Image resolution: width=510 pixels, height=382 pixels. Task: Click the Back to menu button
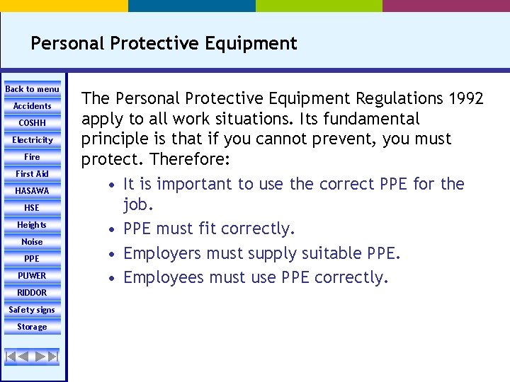click(33, 89)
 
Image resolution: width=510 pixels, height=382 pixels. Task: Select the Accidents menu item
click(33, 106)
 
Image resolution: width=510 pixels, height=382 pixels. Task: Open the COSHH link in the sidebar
click(33, 123)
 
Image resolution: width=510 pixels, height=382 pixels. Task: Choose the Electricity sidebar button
click(33, 140)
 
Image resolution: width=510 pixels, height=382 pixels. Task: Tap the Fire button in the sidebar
click(33, 157)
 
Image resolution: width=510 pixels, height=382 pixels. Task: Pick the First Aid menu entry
click(33, 174)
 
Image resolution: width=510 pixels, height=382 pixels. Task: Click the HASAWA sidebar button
click(33, 191)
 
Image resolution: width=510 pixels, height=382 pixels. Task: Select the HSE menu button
click(33, 208)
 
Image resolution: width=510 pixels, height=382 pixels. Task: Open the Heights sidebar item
click(33, 225)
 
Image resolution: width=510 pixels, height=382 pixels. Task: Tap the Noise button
click(33, 242)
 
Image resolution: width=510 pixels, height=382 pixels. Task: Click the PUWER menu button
click(33, 276)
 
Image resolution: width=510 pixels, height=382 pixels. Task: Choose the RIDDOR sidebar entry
click(33, 293)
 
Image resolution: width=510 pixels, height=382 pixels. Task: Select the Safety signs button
click(33, 310)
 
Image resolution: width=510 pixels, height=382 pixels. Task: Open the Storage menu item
click(33, 327)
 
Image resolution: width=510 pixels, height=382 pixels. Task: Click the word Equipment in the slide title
click(251, 44)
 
